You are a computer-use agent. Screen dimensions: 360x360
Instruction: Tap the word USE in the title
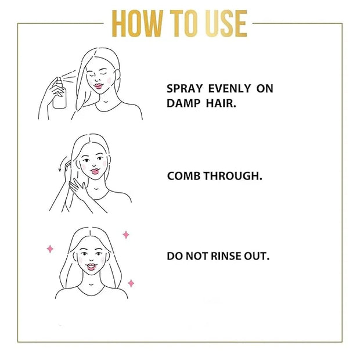[226, 23]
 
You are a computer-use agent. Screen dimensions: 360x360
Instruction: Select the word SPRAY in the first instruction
[185, 89]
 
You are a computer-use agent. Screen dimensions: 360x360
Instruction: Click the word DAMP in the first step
[183, 103]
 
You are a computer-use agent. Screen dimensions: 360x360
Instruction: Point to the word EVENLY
[229, 89]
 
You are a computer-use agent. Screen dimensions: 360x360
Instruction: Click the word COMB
[183, 176]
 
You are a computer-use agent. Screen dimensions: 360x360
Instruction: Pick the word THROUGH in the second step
[233, 176]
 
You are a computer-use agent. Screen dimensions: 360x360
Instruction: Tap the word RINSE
[225, 256]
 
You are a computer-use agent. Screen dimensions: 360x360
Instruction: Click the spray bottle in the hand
[59, 93]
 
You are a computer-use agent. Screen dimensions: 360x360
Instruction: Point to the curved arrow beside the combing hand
[62, 164]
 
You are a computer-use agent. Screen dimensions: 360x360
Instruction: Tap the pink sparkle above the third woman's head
[126, 235]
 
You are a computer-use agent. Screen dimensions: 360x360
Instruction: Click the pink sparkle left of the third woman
[50, 249]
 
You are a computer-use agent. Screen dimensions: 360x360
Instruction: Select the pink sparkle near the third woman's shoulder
[131, 283]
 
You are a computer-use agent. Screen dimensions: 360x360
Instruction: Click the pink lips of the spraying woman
[99, 86]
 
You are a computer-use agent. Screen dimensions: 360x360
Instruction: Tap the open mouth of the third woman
[91, 267]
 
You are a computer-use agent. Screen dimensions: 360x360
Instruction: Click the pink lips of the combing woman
[95, 171]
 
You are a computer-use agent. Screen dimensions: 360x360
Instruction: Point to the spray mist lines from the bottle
[70, 75]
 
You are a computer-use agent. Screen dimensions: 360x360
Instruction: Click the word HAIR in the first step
[221, 103]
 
